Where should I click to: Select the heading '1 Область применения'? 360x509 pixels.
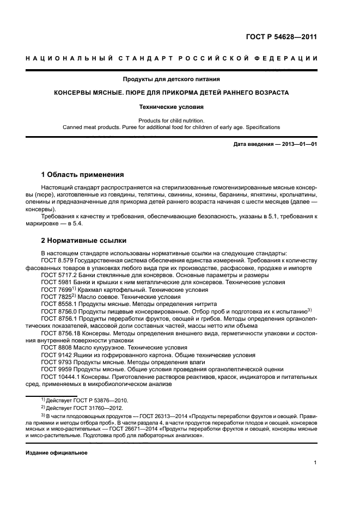[82, 175]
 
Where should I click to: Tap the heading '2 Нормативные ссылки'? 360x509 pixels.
[84, 240]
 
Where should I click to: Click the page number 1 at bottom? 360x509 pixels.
[315, 463]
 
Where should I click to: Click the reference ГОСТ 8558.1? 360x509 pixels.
[58, 303]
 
